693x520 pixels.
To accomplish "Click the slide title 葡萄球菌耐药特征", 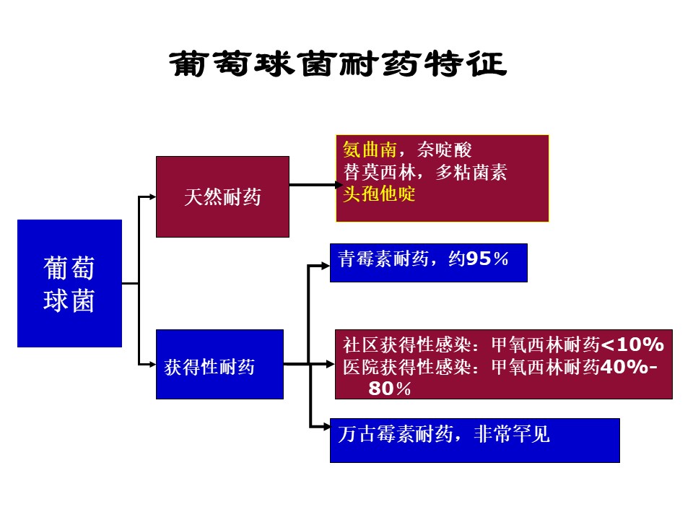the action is (338, 64).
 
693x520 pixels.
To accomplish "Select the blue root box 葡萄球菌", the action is (69, 283).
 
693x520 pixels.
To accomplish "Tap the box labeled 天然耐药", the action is (222, 196).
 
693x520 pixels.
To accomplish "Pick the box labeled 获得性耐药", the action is (219, 364).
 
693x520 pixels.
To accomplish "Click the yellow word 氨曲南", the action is (370, 150).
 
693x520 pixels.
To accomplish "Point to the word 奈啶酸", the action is (444, 150).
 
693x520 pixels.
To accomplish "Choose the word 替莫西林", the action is (380, 172).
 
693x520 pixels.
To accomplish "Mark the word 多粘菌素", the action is (471, 172).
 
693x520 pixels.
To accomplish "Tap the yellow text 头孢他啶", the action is (379, 194).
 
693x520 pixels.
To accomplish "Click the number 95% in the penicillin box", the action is (487, 259).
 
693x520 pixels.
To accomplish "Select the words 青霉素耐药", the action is (383, 259).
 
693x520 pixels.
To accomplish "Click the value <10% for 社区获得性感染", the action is (632, 344).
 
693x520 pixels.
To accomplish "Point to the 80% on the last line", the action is (389, 389).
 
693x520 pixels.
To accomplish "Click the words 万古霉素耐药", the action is (396, 434).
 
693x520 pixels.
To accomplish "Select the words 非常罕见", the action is (512, 434).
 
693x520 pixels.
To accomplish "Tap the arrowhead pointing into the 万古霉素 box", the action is (326, 427).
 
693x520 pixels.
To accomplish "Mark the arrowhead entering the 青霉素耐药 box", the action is (326, 266).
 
